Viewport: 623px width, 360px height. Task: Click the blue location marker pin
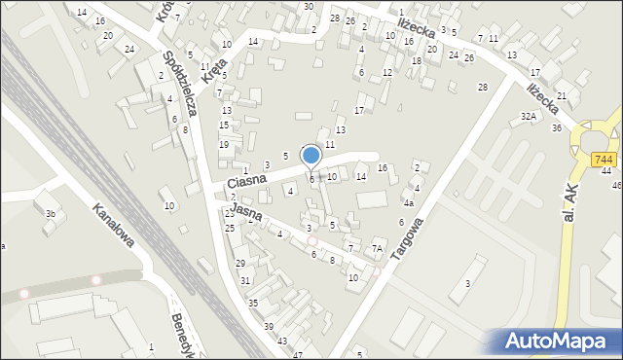(311, 156)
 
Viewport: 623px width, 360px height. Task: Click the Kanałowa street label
(113, 225)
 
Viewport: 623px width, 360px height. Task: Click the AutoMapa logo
(556, 341)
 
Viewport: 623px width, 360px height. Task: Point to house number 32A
(529, 116)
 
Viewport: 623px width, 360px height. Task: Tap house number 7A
(376, 248)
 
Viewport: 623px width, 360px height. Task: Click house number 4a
(410, 203)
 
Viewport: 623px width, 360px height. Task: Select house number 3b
(51, 213)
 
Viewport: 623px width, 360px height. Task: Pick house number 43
(282, 341)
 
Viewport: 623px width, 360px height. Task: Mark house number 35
(253, 304)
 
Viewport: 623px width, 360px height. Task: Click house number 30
(309, 7)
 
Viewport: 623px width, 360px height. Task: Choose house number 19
(224, 145)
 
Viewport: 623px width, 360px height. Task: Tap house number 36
(557, 128)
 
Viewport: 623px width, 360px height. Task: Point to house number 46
(616, 185)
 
